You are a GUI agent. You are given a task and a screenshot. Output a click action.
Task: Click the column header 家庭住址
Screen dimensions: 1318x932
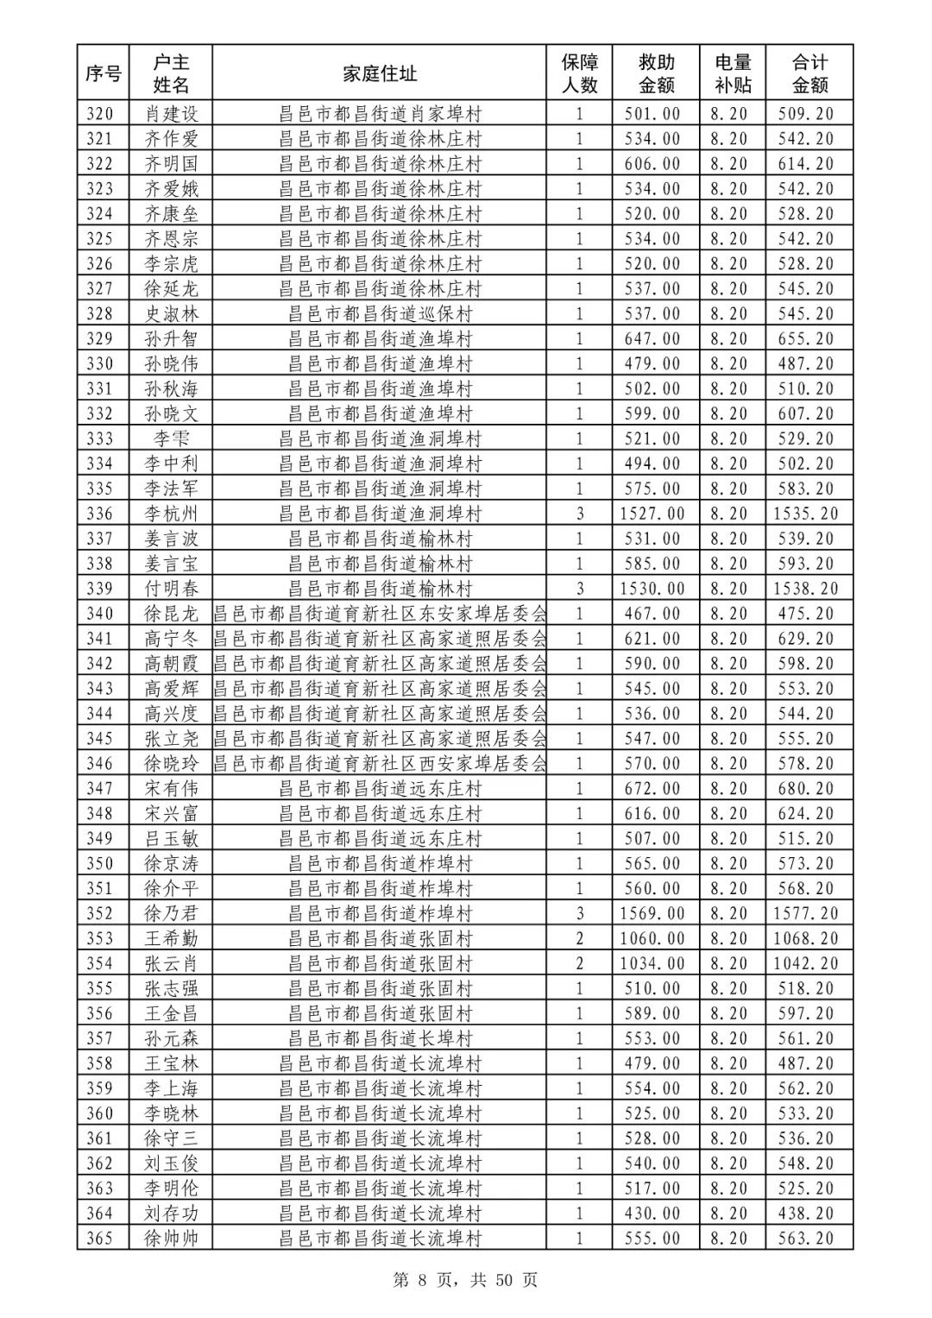(380, 74)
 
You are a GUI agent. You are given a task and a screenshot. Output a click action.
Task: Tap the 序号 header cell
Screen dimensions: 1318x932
(103, 74)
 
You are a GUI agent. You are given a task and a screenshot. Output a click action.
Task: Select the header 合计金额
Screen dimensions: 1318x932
(809, 74)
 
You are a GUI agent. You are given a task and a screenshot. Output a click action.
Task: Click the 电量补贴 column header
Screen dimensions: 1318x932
(733, 74)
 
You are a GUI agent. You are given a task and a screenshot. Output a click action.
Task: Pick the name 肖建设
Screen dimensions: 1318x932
(171, 114)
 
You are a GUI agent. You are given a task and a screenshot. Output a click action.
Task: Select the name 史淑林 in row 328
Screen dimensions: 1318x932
(171, 314)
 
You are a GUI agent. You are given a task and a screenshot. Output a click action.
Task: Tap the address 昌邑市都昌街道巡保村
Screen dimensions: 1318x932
(380, 314)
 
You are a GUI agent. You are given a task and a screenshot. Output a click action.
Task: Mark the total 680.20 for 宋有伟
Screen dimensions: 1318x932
(805, 789)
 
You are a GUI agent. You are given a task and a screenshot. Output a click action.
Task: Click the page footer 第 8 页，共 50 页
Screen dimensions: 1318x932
(465, 1280)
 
